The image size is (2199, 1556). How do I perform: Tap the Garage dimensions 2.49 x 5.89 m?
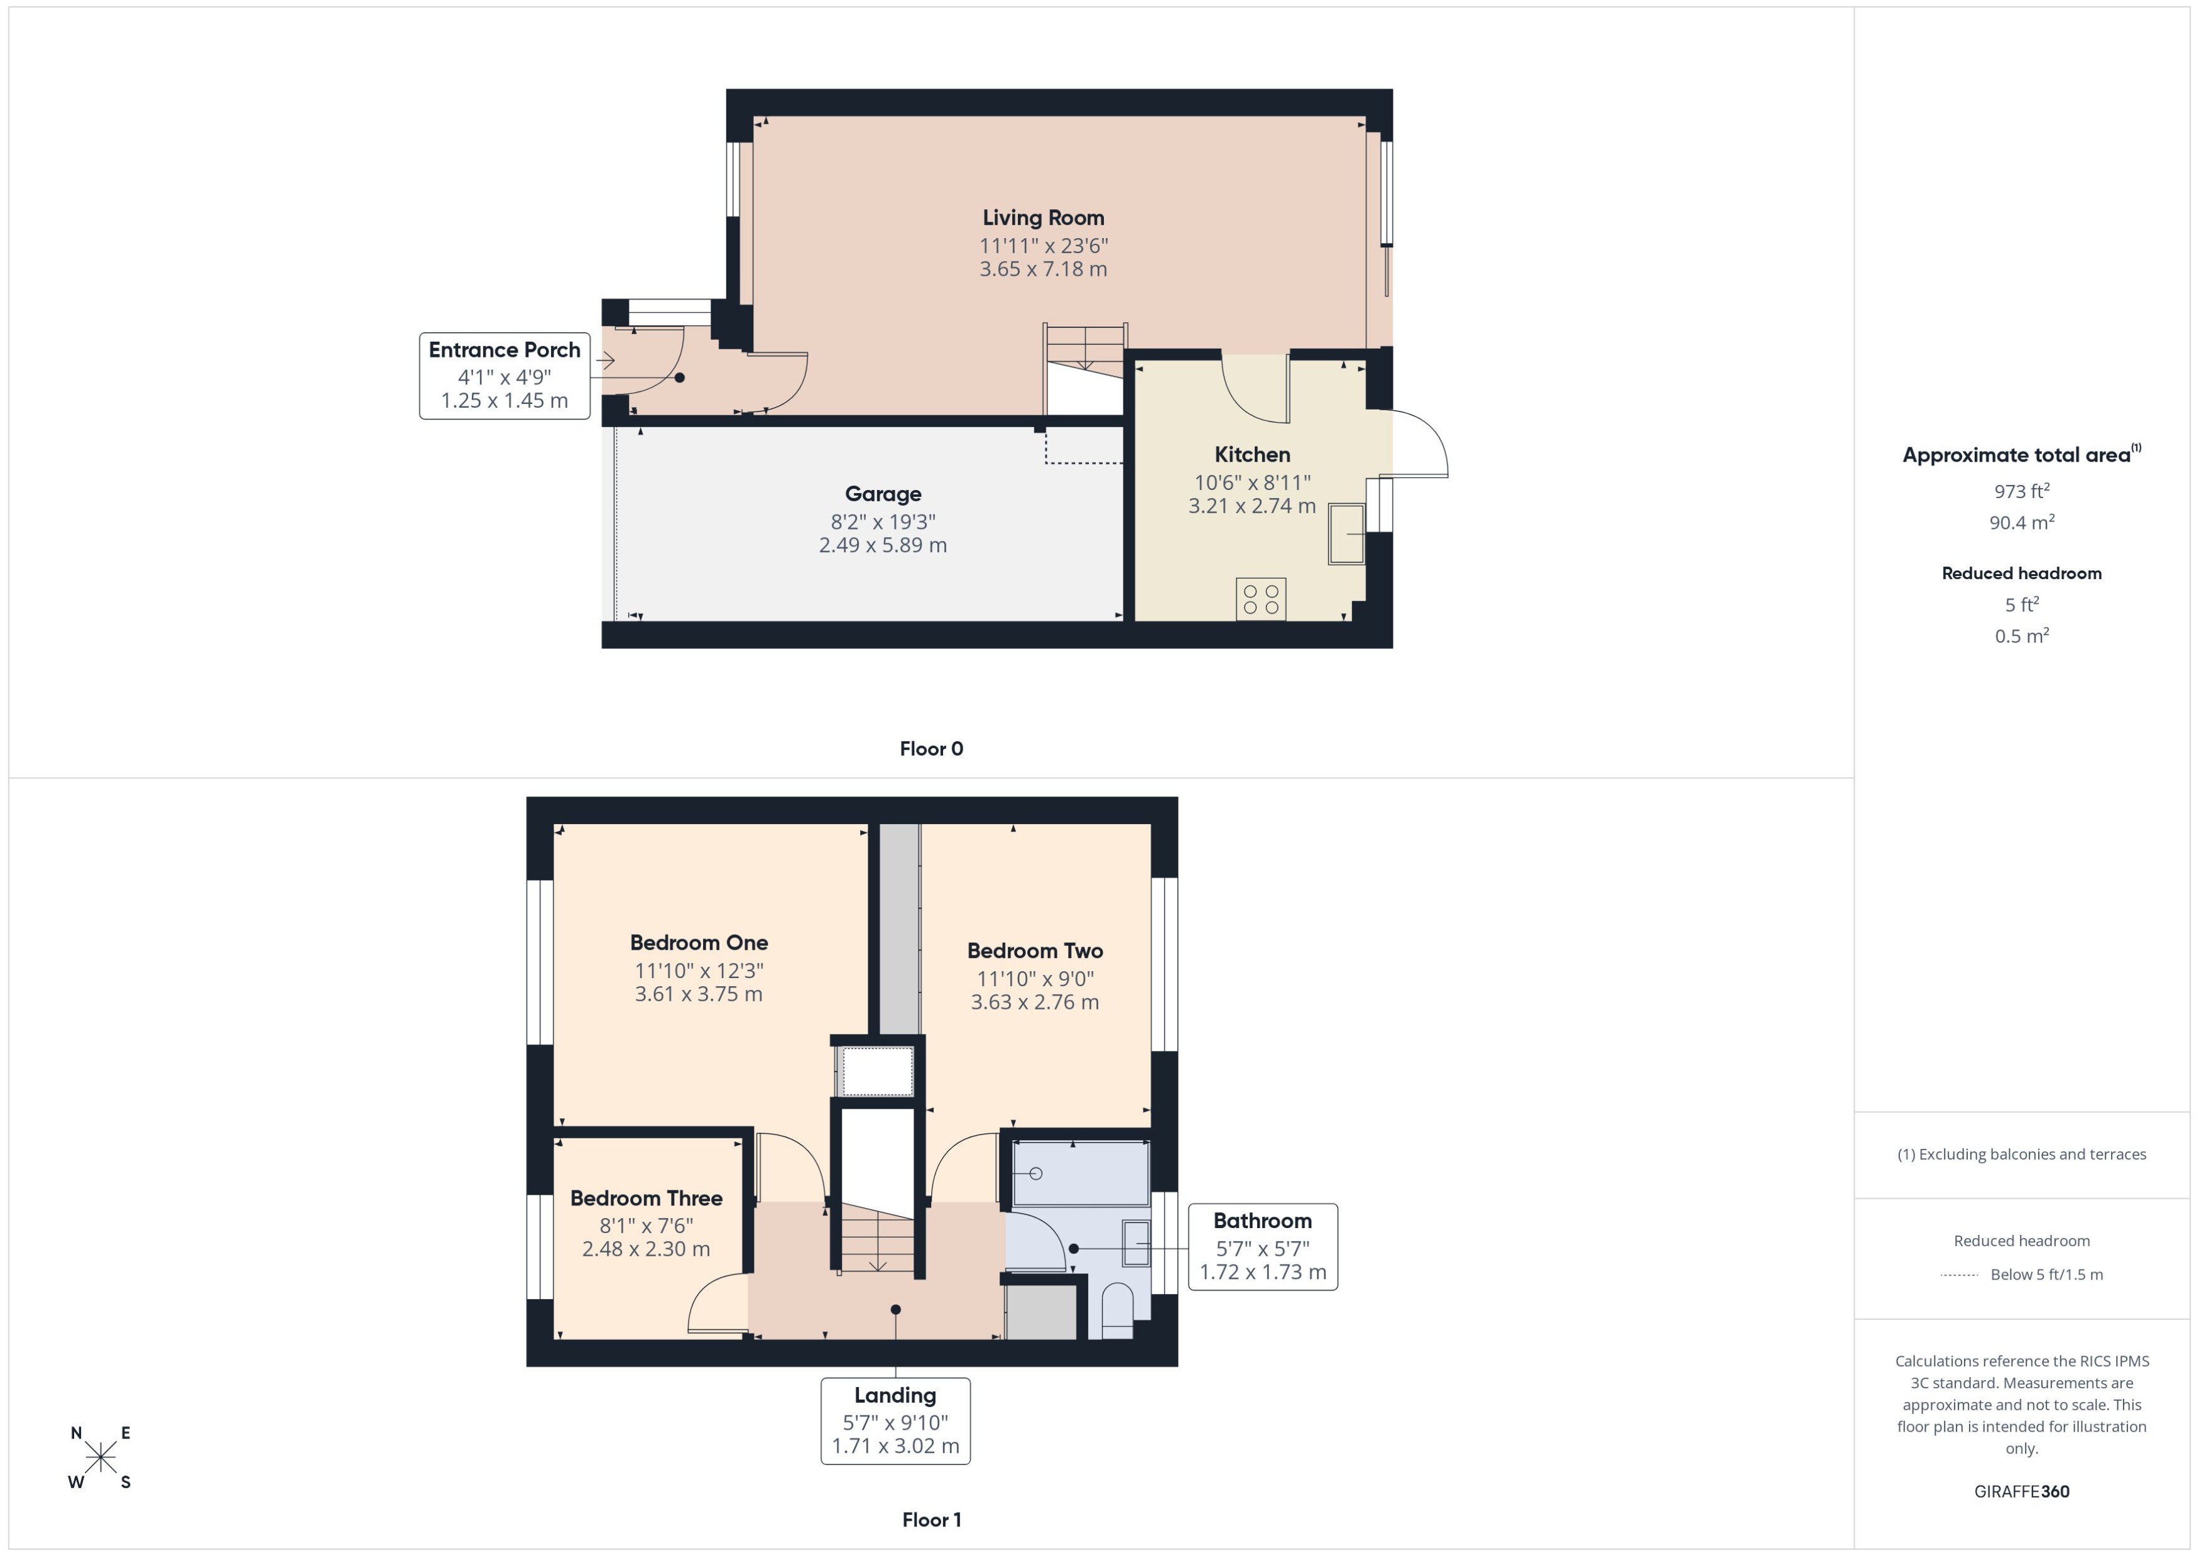(x=883, y=545)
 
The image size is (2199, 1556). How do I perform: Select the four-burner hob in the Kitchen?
(x=1260, y=599)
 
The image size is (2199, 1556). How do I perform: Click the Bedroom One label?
(x=699, y=943)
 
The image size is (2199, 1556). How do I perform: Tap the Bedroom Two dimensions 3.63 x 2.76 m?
(x=1034, y=1002)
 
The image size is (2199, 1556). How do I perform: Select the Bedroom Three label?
(x=646, y=1199)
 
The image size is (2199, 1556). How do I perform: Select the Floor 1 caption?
(x=930, y=1520)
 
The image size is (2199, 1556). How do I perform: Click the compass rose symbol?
(x=101, y=1458)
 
